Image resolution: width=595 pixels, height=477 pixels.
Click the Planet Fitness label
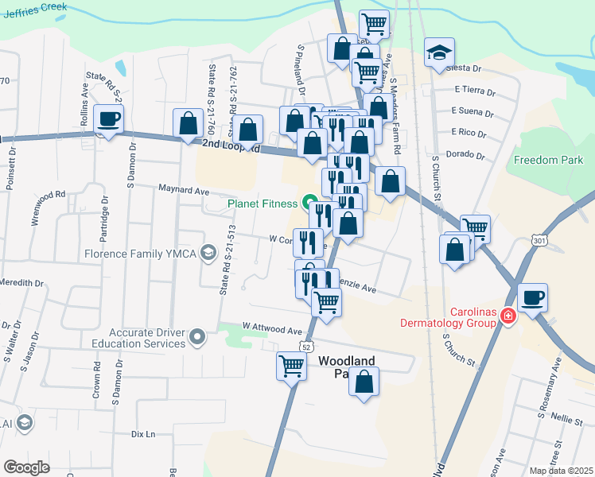click(262, 203)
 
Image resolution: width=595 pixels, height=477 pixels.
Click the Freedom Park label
click(548, 160)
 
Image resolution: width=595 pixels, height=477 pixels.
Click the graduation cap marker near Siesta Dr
click(439, 52)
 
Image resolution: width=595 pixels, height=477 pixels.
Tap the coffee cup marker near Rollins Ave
click(109, 119)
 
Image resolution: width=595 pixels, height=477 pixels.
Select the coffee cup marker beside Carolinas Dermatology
click(533, 297)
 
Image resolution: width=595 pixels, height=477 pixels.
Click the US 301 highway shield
click(539, 241)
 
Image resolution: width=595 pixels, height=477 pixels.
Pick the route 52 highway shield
click(306, 347)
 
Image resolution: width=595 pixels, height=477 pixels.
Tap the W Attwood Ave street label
click(273, 328)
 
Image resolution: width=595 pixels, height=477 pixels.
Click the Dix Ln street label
click(142, 434)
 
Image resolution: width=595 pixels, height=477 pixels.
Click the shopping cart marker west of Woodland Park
click(292, 366)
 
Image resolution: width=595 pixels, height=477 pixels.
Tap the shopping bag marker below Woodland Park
click(364, 382)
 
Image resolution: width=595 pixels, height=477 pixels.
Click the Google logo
click(26, 467)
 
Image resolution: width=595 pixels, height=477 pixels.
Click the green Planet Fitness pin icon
click(307, 202)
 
